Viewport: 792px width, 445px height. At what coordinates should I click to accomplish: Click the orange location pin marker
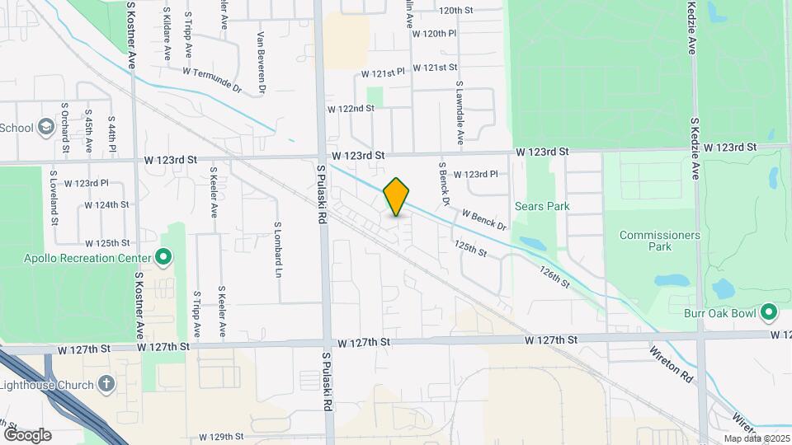click(x=397, y=197)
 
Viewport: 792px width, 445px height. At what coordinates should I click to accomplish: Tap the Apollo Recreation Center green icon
click(x=163, y=258)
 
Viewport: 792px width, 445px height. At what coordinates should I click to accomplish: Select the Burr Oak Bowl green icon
click(x=769, y=312)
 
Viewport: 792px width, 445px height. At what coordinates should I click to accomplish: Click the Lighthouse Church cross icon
click(x=106, y=383)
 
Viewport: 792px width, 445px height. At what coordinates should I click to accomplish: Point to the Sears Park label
click(x=541, y=206)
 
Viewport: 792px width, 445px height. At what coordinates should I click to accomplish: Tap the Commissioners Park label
click(x=659, y=240)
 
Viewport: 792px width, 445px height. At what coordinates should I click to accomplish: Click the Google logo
click(x=27, y=434)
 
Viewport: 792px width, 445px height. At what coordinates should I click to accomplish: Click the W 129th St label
click(x=222, y=436)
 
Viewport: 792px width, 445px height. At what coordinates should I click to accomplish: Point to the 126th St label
click(x=554, y=275)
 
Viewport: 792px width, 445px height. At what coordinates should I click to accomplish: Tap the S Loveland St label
click(x=54, y=202)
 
